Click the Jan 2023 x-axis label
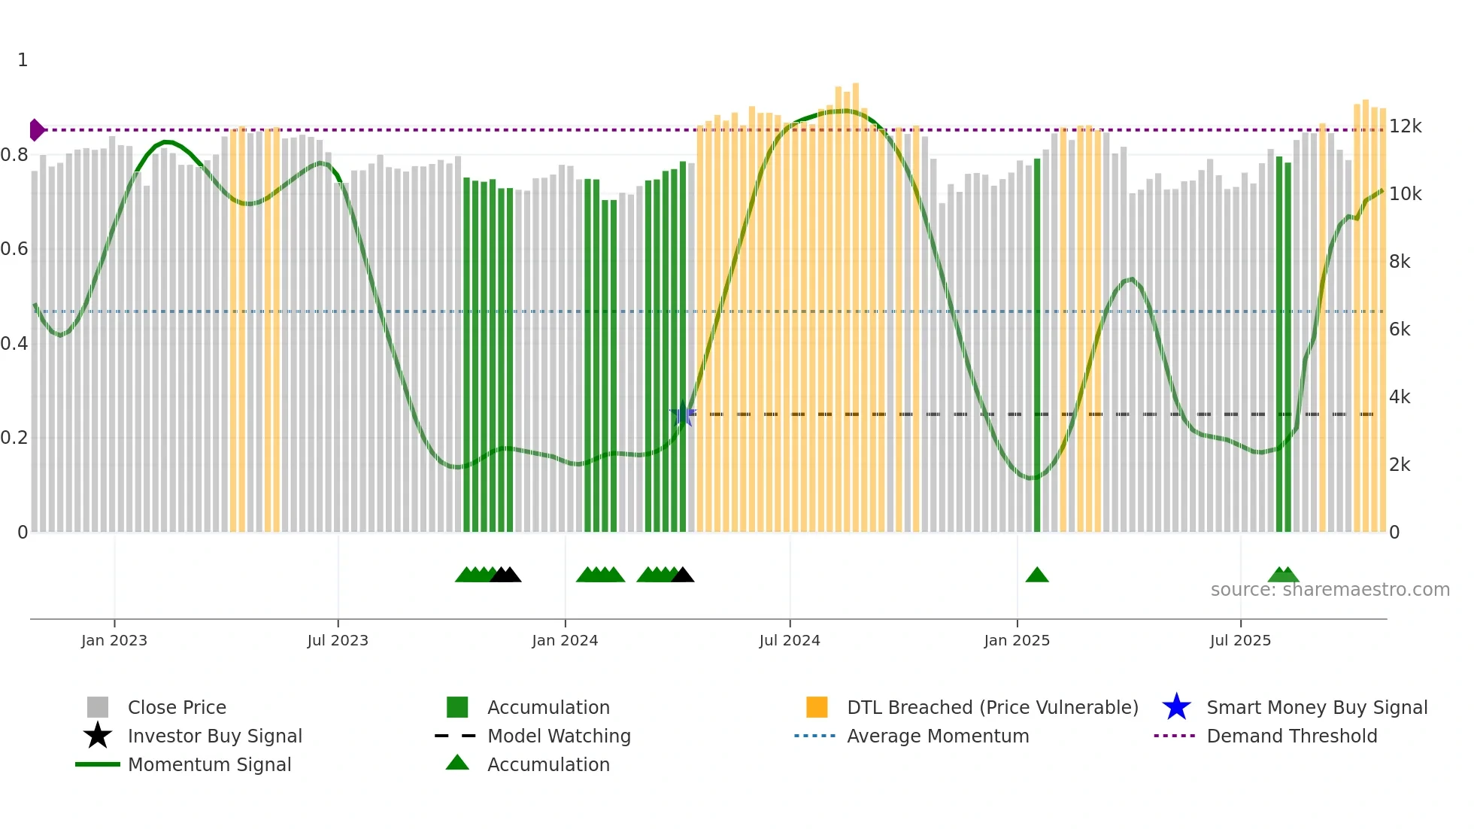coord(114,640)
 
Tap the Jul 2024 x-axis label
coord(790,640)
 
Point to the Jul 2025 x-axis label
coord(1240,640)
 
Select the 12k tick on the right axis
coord(1405,126)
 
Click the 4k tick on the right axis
coord(1400,397)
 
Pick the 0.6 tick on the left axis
coord(14,249)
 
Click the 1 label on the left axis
coord(23,60)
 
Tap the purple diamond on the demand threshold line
coord(36,130)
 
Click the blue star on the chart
coord(683,414)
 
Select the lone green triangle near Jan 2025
coord(1037,575)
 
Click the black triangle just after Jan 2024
coord(682,575)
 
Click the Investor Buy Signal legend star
coord(98,736)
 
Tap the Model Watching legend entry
coord(558,736)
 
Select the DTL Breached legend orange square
coord(817,707)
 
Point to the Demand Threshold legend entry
coord(1291,736)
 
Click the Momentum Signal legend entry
coord(208,764)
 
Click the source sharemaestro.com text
coord(1330,590)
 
